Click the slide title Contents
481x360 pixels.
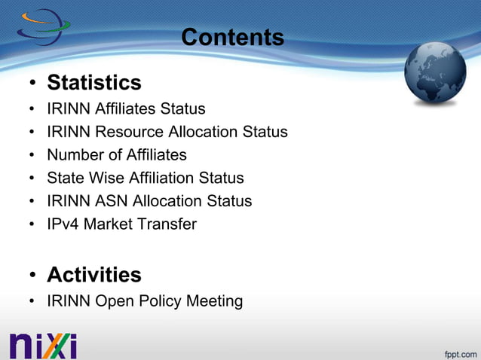232,37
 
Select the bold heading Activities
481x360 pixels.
94,274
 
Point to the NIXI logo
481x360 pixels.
44,344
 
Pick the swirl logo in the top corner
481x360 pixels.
42,27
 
